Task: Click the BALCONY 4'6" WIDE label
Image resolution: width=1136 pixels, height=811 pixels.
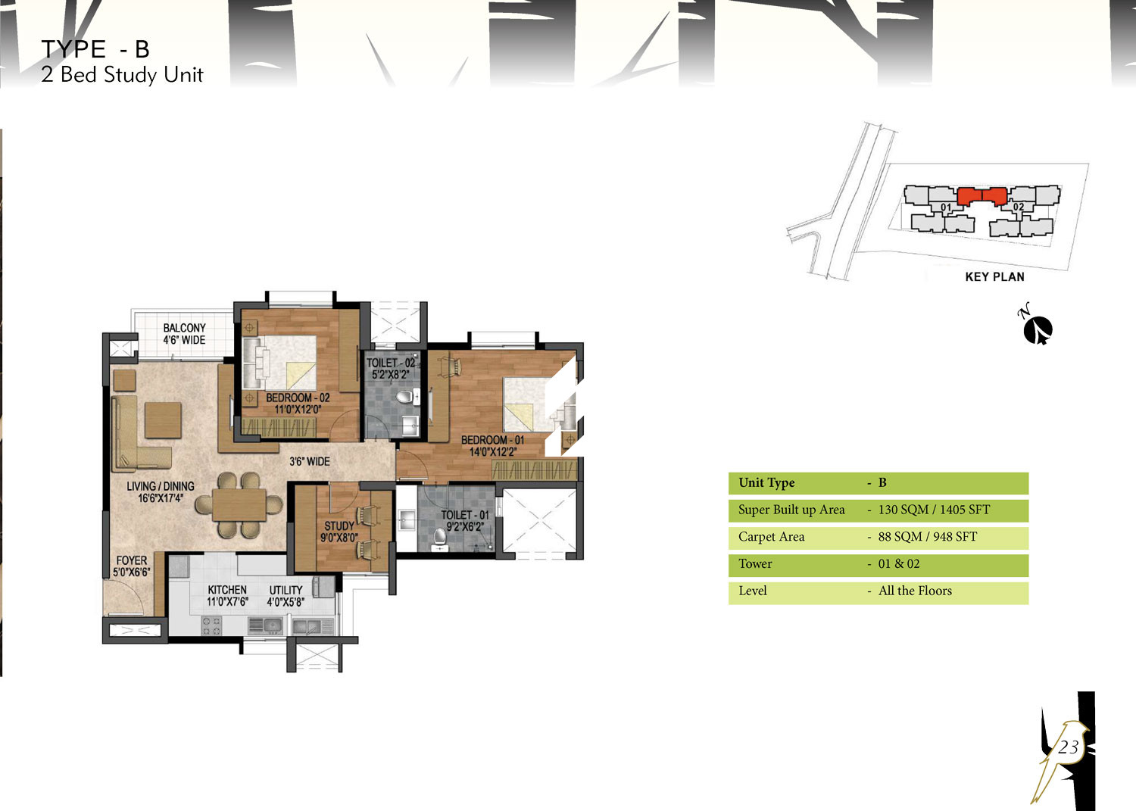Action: pyautogui.click(x=184, y=334)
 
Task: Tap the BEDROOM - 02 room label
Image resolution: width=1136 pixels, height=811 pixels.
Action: pyautogui.click(x=298, y=404)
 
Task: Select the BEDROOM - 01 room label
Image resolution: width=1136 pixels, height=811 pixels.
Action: pyautogui.click(x=492, y=446)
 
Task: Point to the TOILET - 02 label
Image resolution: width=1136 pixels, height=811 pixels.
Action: pyautogui.click(x=391, y=369)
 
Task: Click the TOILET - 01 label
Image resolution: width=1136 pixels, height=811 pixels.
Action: pyautogui.click(x=465, y=521)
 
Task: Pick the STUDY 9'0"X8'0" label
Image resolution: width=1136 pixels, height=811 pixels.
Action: pyautogui.click(x=339, y=532)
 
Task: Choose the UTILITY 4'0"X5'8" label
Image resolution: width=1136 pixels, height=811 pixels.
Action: pyautogui.click(x=286, y=595)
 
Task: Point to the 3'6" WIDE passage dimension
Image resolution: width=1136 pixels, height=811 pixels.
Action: pyautogui.click(x=309, y=462)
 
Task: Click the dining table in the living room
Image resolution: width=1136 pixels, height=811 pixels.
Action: pyautogui.click(x=239, y=504)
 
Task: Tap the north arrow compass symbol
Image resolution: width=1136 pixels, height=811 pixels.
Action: pyautogui.click(x=1038, y=330)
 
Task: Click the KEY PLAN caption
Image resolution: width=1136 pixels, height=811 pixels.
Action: pyautogui.click(x=994, y=277)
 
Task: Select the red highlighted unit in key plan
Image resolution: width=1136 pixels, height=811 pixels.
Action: pyautogui.click(x=982, y=196)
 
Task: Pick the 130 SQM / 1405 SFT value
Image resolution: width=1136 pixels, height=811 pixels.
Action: pyautogui.click(x=934, y=510)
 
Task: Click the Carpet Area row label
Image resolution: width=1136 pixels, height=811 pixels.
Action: pyautogui.click(x=772, y=537)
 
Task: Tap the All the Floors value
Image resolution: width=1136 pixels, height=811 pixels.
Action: pyautogui.click(x=915, y=591)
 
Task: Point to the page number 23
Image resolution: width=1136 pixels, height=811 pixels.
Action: pyautogui.click(x=1068, y=747)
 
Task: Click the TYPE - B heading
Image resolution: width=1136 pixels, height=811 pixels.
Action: pyautogui.click(x=95, y=49)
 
